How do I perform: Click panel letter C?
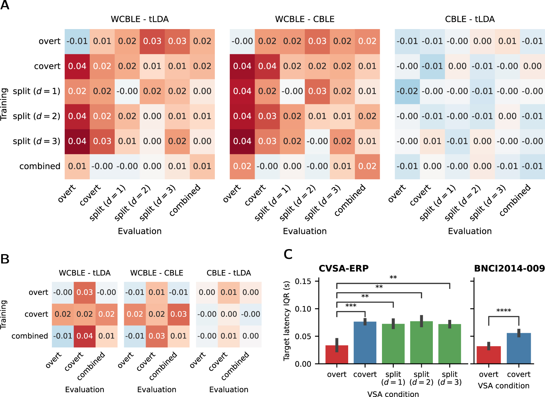288,254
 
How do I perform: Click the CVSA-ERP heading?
343,269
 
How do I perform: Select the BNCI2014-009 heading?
509,269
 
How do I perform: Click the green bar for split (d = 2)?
421,343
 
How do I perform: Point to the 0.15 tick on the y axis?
303,281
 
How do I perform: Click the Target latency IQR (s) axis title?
287,321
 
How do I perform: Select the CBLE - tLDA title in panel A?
469,19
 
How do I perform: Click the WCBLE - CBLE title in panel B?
157,273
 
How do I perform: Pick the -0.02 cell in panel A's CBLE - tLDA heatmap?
407,91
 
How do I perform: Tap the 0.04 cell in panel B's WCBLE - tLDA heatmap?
85,336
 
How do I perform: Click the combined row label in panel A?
40,166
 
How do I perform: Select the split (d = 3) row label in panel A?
36,141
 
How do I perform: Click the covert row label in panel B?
36,314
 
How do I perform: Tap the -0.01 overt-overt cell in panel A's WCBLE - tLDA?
77,41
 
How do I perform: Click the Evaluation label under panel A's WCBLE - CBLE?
305,231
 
